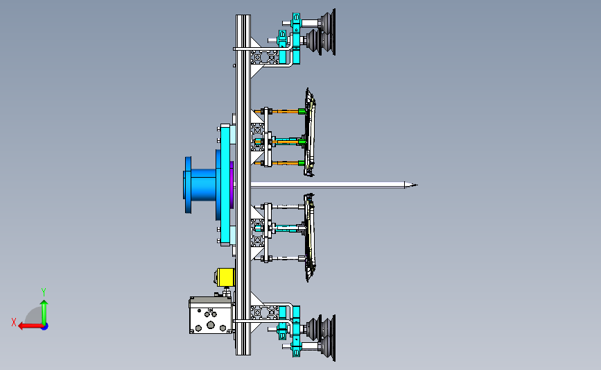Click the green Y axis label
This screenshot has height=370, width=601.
(x=44, y=292)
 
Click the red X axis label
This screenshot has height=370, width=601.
(x=14, y=322)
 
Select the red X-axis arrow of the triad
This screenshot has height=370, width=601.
(x=31, y=326)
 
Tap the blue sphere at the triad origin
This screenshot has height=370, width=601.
(x=45, y=327)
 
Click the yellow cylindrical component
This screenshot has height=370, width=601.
(x=225, y=277)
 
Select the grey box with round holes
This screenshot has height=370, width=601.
(x=211, y=315)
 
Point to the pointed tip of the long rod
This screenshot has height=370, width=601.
(x=417, y=185)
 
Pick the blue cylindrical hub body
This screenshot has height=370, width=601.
(x=204, y=185)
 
